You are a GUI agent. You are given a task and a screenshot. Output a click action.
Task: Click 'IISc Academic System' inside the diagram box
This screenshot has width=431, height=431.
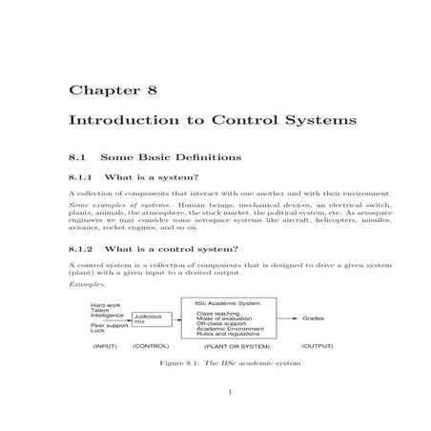click(226, 304)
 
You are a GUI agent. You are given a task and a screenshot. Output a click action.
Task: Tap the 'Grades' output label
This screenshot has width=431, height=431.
click(313, 318)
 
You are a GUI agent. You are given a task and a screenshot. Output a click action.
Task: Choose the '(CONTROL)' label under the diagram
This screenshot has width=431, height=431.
click(151, 346)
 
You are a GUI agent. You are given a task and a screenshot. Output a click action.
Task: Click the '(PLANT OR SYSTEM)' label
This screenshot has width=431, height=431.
click(231, 346)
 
